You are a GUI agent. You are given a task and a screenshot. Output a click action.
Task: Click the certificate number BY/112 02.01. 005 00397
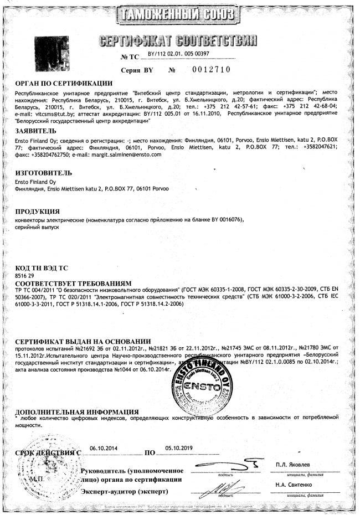(178, 53)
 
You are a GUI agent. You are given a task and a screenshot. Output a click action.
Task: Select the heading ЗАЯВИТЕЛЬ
(35, 131)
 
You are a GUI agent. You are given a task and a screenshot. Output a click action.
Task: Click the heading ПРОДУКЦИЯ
(37, 211)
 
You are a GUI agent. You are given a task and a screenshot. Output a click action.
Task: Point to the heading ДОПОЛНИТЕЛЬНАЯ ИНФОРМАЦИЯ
(76, 412)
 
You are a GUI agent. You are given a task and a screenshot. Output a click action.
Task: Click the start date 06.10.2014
(104, 449)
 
